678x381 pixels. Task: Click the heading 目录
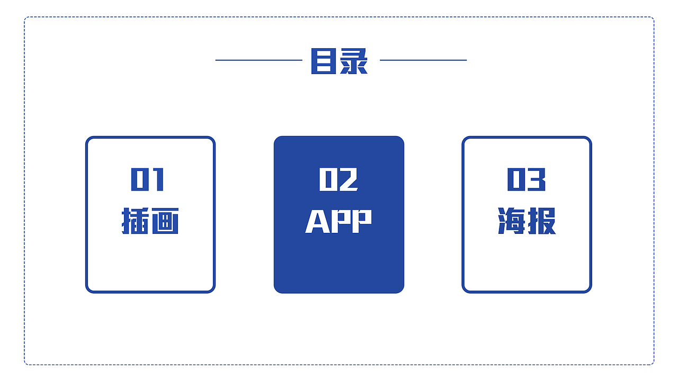coord(339,61)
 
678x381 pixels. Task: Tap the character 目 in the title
coord(324,61)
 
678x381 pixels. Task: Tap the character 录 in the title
coord(354,61)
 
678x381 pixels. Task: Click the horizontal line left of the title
coord(258,60)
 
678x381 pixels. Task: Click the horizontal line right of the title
coord(423,60)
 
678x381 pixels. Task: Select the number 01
coord(148,179)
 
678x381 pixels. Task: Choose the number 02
coord(338,179)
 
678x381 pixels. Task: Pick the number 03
coord(527,179)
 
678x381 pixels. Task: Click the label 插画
coord(150,221)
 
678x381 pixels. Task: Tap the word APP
coord(338,221)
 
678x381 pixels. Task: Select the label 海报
coord(527,221)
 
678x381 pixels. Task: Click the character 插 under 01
coord(136,221)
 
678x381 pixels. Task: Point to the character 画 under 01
coord(165,221)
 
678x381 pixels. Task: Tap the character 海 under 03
coord(512,221)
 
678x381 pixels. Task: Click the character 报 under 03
coord(542,221)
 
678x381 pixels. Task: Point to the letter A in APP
coord(317,221)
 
